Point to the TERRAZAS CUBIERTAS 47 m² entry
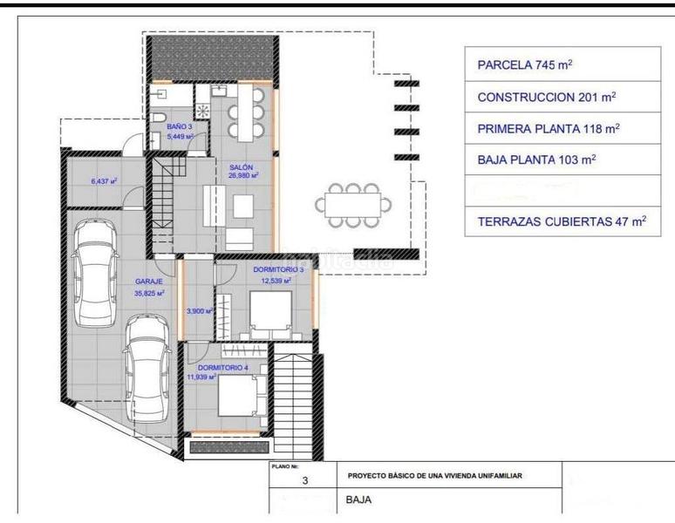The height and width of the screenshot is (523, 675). [x=561, y=222]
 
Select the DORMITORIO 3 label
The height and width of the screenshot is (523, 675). [x=278, y=270]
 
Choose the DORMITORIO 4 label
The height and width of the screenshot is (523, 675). [x=210, y=369]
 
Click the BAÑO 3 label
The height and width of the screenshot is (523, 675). [x=180, y=127]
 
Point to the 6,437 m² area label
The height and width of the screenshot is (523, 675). [x=104, y=181]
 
